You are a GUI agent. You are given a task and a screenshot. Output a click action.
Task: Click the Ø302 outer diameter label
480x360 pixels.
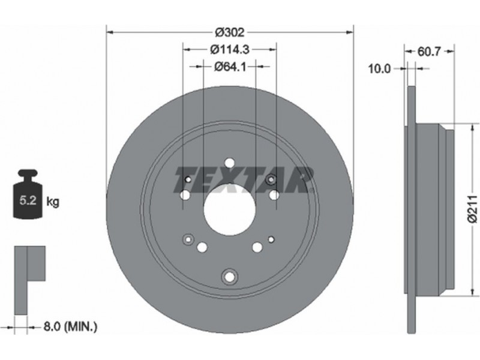click(x=230, y=32)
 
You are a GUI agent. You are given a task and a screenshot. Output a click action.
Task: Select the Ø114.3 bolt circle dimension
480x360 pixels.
click(x=230, y=49)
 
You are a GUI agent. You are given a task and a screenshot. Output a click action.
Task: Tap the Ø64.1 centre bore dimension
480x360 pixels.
click(x=230, y=66)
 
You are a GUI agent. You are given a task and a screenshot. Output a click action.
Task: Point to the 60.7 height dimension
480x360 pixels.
click(x=429, y=52)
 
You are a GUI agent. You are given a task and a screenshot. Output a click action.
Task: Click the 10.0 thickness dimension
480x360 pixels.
click(x=379, y=69)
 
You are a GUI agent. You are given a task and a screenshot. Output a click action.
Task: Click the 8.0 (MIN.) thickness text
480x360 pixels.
click(x=70, y=326)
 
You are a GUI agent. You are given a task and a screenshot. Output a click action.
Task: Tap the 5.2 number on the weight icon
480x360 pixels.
click(x=28, y=200)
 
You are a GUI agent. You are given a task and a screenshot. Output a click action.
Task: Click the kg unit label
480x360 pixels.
click(x=53, y=202)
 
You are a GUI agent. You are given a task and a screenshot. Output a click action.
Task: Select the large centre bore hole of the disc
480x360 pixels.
click(x=230, y=209)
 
